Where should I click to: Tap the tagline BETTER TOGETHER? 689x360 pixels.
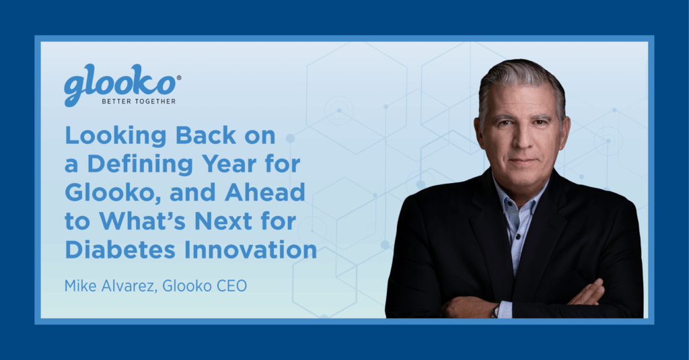(139, 102)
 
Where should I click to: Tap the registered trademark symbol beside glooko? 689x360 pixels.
(178, 79)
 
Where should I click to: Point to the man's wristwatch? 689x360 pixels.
(495, 310)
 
